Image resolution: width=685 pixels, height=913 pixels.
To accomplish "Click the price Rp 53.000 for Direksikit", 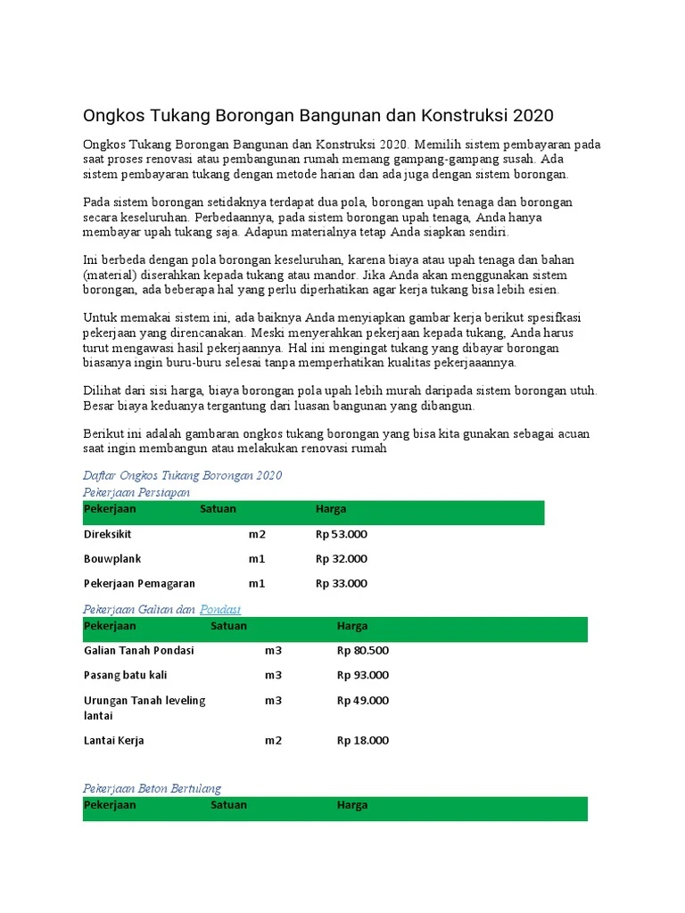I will click(x=342, y=534).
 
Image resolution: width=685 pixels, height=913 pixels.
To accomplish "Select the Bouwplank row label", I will click(x=112, y=559).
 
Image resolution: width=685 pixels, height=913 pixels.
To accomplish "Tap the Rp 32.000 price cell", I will click(x=342, y=559).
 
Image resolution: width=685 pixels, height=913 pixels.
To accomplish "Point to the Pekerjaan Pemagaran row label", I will click(x=139, y=584).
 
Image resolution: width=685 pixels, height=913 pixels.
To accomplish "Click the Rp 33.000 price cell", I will click(x=342, y=584).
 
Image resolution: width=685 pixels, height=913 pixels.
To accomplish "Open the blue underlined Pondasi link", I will click(x=220, y=609).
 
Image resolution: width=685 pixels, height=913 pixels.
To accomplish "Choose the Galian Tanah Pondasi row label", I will click(x=138, y=650).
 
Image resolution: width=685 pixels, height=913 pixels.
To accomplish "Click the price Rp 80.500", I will click(x=363, y=650).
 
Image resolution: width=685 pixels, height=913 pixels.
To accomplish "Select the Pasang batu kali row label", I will click(x=126, y=675).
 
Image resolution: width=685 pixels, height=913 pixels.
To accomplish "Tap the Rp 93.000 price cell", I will click(x=363, y=675).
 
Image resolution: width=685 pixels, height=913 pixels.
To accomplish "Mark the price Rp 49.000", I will click(x=363, y=700).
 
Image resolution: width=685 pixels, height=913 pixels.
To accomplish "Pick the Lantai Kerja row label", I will click(x=114, y=740).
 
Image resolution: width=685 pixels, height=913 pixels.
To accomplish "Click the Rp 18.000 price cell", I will click(x=363, y=740).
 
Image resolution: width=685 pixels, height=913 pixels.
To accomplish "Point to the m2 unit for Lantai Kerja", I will click(x=273, y=740).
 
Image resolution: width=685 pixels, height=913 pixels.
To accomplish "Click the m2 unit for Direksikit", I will click(x=257, y=534).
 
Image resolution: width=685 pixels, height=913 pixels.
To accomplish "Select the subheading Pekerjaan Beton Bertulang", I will click(x=152, y=788).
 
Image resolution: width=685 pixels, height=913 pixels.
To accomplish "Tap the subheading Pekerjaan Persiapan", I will click(x=136, y=492).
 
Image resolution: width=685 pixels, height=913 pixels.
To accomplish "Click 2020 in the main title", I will click(x=532, y=116).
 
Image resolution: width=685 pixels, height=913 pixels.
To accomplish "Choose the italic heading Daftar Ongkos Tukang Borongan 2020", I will click(x=182, y=475).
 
